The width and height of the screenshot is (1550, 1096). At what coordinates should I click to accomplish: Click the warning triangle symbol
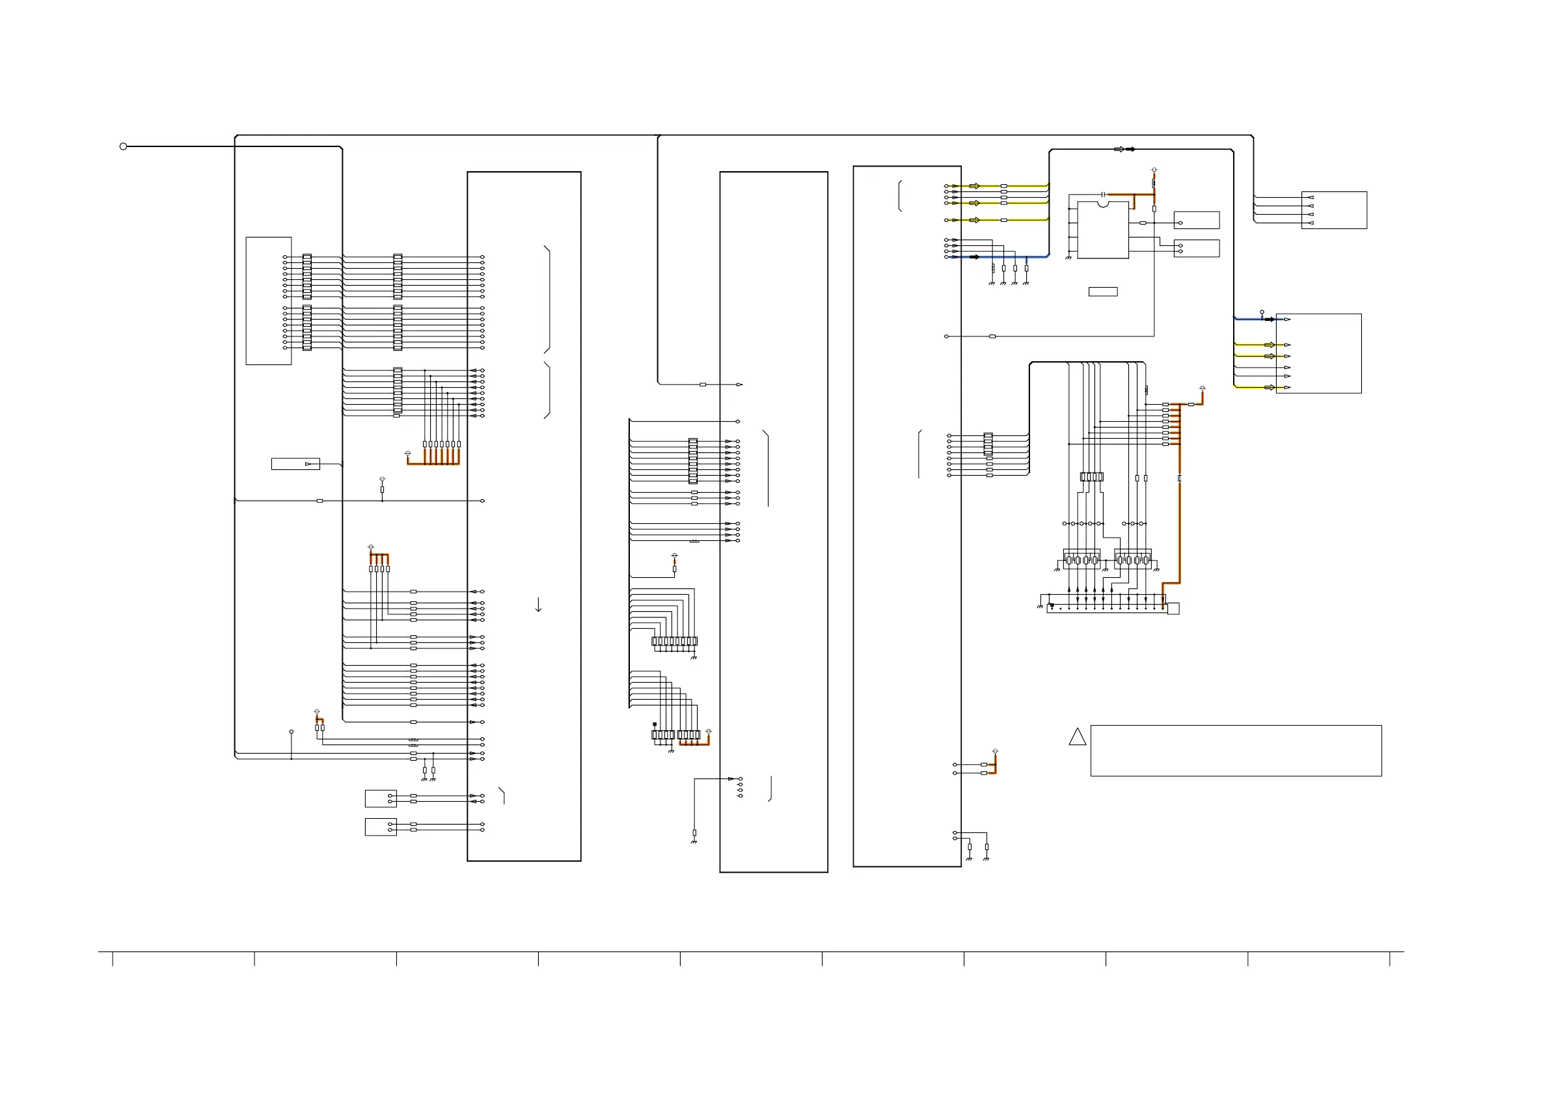point(1078,737)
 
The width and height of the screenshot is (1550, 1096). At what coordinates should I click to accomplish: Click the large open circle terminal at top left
point(123,146)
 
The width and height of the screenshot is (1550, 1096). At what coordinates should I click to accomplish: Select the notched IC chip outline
point(1102,230)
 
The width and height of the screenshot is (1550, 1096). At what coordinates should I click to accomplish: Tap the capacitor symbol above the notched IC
point(1102,194)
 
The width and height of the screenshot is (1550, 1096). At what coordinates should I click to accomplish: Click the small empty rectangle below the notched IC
point(1103,292)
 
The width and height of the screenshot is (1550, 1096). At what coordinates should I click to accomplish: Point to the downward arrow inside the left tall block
point(538,605)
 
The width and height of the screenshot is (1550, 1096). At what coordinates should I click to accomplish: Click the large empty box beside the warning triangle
point(1236,751)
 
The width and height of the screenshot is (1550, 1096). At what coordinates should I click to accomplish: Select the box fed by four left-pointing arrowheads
point(1334,210)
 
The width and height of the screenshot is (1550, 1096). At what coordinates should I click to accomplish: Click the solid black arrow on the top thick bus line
point(1130,149)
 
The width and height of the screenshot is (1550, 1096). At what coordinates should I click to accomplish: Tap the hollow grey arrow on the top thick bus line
point(1119,149)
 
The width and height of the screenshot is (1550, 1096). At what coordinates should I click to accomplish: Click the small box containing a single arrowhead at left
point(295,464)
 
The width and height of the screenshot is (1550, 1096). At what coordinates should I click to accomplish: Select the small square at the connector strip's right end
point(1173,609)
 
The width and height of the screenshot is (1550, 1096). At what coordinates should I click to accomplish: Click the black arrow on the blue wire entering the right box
point(1269,320)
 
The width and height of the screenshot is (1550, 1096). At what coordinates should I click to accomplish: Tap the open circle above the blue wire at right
point(1262,312)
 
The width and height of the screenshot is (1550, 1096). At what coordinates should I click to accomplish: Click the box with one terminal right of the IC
point(1196,220)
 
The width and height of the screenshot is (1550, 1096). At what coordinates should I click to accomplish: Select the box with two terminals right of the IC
point(1196,249)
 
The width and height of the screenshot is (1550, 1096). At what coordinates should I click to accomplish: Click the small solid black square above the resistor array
point(654,724)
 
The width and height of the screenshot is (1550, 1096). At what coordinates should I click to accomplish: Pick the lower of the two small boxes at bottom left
point(381,827)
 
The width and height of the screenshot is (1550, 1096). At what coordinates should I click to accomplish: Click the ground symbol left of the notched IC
point(1068,257)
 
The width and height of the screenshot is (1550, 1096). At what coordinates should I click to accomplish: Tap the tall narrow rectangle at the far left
point(269,301)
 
